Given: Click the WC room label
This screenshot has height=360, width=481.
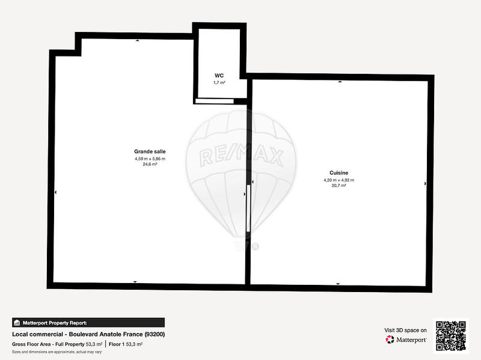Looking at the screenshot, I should (219, 75).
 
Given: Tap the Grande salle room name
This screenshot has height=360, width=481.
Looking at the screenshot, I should (150, 151).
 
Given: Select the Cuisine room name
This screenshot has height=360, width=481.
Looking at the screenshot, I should (339, 172).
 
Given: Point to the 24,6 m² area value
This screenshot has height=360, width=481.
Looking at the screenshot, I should (150, 164).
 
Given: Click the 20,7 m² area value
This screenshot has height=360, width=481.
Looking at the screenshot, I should (339, 186).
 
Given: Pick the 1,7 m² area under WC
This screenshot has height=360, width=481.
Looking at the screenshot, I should (219, 82).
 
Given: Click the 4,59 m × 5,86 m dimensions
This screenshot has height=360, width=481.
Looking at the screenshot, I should (150, 158).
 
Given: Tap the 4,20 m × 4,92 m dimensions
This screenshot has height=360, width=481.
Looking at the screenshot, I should (339, 180).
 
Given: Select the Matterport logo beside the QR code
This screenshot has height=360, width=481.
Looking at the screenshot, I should (406, 340).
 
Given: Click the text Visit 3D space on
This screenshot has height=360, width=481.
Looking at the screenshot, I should (405, 330).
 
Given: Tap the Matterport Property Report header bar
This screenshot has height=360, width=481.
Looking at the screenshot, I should (88, 323).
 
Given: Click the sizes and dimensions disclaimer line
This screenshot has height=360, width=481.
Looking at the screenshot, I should (57, 352).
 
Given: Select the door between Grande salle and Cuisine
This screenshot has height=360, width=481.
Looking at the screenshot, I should (248, 210).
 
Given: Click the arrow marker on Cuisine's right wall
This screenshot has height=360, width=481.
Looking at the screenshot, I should (426, 183).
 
